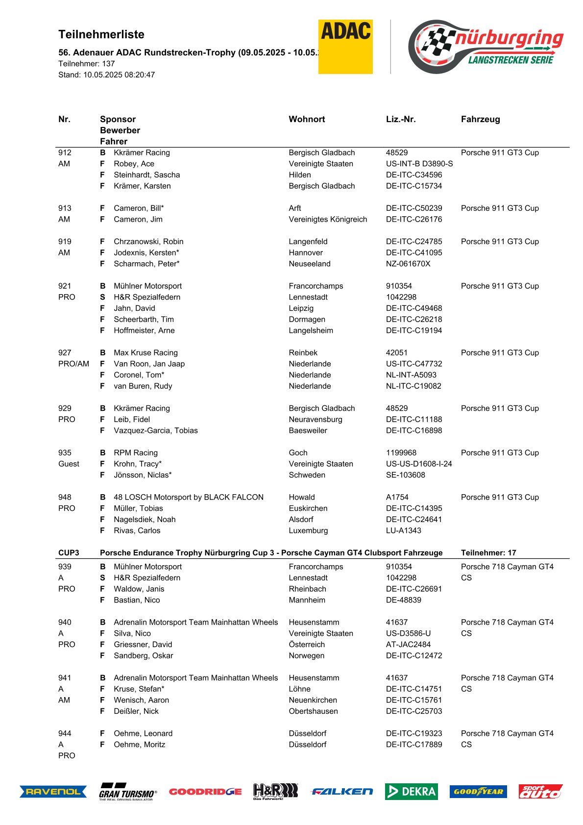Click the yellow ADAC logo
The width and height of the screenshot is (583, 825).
pos(345,47)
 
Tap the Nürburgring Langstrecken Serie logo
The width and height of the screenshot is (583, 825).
pos(486,47)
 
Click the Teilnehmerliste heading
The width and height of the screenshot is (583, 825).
pos(101,34)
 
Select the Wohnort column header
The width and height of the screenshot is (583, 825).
pos(307,119)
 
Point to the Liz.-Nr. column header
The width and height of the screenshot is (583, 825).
pos(401,119)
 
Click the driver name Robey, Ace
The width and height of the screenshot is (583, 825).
pos(134,164)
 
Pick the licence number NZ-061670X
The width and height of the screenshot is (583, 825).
pos(408,264)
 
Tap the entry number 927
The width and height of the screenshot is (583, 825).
pos(65,352)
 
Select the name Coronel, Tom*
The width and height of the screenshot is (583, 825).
pos(139,375)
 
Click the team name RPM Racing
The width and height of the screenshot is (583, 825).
pos(136,453)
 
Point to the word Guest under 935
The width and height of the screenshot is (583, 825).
pos(69,464)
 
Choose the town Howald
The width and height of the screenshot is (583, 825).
pos(302,497)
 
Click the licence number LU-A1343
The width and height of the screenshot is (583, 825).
pos(404,530)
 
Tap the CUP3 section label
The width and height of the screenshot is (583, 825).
pos(69,552)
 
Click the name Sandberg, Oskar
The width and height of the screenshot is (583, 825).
pos(144,655)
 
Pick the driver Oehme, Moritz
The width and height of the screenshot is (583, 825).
pos(140,745)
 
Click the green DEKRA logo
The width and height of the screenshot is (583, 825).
pos(411,791)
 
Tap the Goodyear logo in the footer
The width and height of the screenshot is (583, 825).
pos(478,791)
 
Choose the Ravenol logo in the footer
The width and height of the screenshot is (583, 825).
pos(53,791)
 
